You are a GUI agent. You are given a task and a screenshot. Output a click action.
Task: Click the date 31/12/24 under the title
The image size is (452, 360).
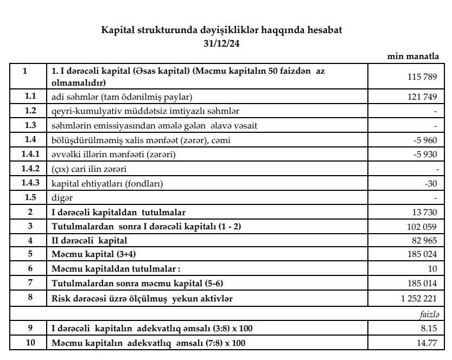tap(222, 43)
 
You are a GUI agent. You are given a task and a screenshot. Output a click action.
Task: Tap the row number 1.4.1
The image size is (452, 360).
tap(30, 155)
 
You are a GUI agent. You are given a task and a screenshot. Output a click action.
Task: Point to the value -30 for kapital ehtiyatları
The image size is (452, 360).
tap(431, 184)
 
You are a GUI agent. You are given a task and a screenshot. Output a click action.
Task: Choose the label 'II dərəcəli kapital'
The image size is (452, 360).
tap(89, 240)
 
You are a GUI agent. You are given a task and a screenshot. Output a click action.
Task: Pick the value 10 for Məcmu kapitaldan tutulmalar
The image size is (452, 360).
tap(432, 269)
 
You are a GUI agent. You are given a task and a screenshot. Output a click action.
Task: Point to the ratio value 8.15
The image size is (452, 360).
tap(429, 329)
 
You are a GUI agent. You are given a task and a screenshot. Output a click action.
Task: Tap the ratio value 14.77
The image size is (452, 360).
tap(426, 343)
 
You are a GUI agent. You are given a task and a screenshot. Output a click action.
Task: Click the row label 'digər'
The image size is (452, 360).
tap(62, 198)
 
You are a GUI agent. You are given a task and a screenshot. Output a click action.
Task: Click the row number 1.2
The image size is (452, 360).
tap(30, 111)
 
